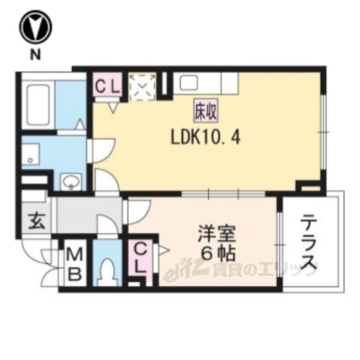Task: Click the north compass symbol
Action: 35,27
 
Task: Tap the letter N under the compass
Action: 35,55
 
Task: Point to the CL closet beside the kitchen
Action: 107,86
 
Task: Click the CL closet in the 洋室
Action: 142,256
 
